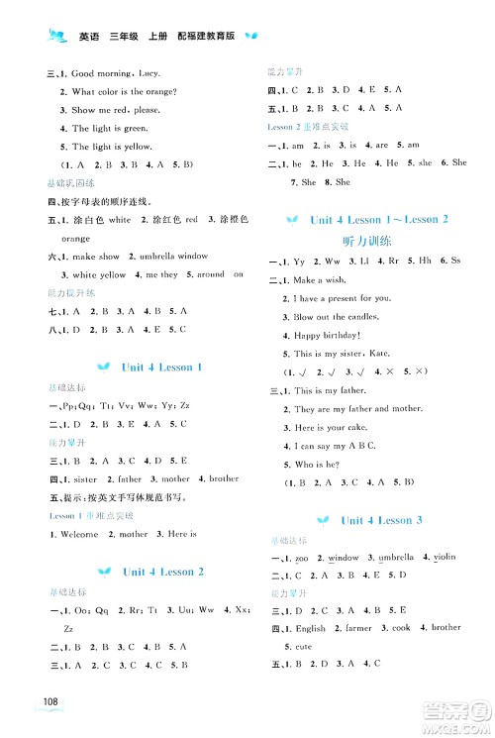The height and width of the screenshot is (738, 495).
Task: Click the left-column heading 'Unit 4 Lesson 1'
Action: tap(161, 368)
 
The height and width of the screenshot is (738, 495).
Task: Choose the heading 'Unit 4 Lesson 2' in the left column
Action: tap(162, 572)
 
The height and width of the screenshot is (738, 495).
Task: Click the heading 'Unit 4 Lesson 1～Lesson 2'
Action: tap(379, 219)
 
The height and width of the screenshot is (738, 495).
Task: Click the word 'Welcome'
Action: tap(78, 535)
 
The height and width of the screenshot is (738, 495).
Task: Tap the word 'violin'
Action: tap(443, 557)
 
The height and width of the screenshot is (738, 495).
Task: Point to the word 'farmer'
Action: tap(358, 628)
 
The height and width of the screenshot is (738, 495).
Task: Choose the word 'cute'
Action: tap(301, 646)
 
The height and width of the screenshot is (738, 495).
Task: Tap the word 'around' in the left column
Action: tap(210, 274)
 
